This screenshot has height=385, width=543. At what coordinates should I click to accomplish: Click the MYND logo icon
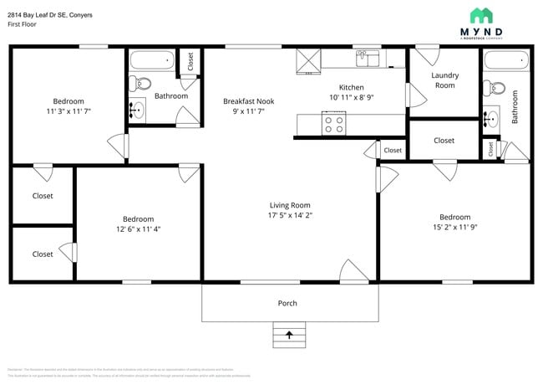pos(481,15)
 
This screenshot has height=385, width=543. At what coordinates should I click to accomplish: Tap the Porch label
pos(287,303)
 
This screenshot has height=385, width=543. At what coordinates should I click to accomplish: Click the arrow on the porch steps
pos(289,335)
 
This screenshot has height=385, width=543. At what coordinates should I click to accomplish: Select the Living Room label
pos(290,205)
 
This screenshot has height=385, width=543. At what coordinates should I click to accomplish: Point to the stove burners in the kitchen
pos(334,124)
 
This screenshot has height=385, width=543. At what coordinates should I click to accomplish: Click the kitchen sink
pos(368,58)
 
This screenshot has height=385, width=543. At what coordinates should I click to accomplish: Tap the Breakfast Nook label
pos(248,101)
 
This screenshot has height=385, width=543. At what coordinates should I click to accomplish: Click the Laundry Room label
pos(444,80)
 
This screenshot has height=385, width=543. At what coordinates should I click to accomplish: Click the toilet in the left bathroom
pos(141,84)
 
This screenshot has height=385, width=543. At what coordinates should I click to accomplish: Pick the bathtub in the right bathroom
pos(506,63)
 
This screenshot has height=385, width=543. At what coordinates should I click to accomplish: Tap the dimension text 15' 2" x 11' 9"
pos(455,228)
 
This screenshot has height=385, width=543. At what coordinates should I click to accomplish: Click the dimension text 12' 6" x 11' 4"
pos(139,229)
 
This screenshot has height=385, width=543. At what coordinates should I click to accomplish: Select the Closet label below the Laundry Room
pos(444,141)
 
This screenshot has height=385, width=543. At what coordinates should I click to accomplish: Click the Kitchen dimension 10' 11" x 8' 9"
pos(351,98)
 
